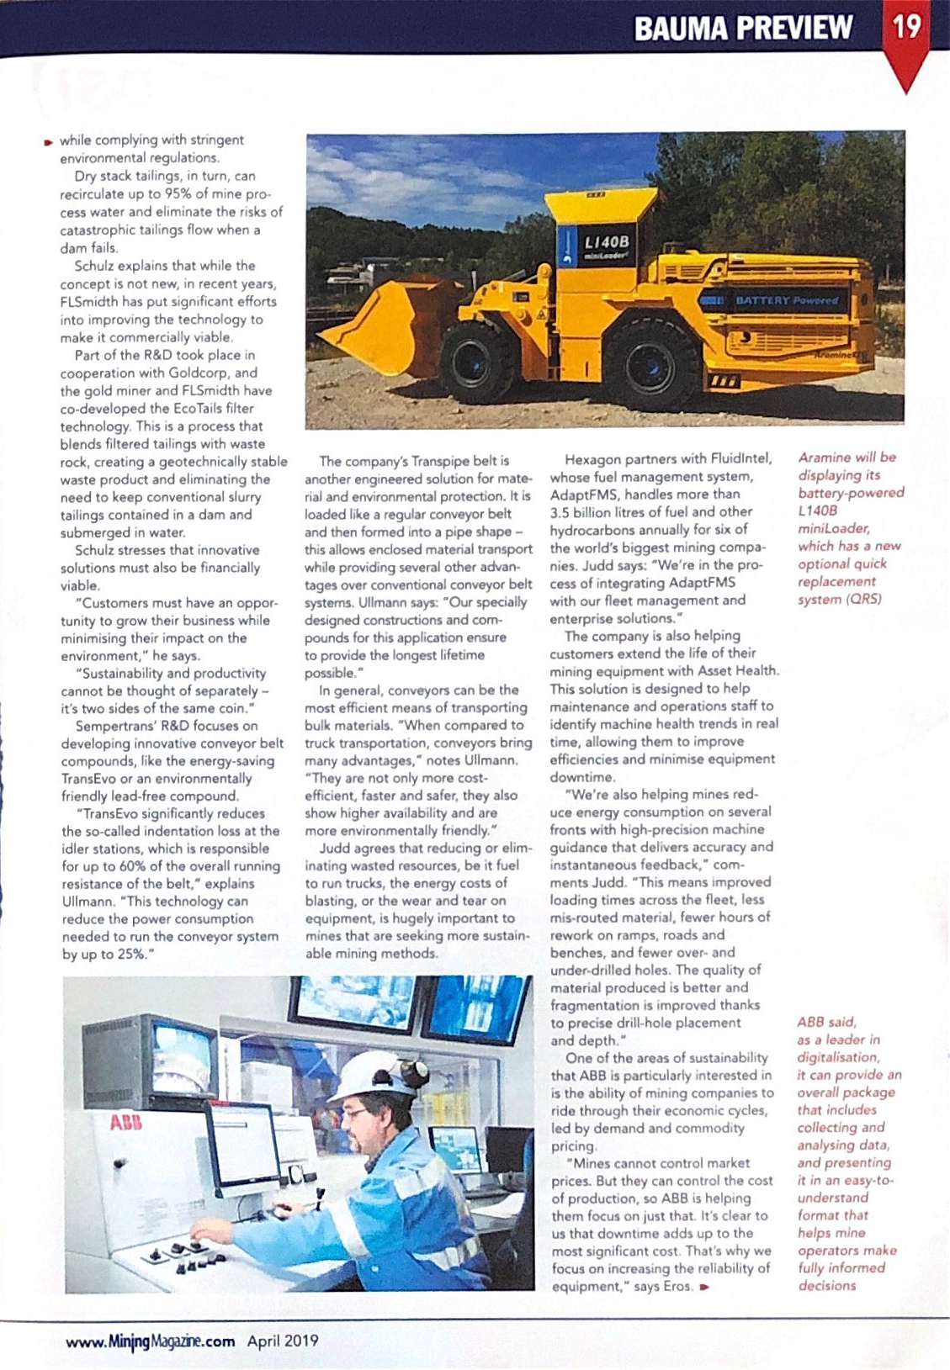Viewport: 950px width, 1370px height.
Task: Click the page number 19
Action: click(907, 27)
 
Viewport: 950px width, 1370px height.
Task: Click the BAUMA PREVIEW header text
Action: click(743, 29)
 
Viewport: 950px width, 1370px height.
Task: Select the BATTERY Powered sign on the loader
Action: click(787, 300)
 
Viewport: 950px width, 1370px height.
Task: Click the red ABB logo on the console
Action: click(126, 1123)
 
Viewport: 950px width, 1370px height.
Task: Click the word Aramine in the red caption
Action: click(823, 458)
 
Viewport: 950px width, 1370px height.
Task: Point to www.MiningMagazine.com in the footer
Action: click(151, 1341)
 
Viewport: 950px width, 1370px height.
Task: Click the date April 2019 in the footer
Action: click(283, 1341)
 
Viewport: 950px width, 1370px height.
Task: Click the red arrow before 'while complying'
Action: click(50, 141)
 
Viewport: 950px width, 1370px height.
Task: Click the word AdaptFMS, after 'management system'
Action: click(584, 495)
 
